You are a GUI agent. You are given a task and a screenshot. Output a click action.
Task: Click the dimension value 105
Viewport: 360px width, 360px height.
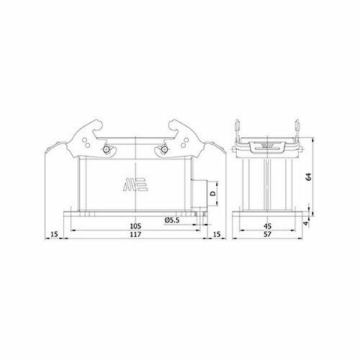pos(136,226)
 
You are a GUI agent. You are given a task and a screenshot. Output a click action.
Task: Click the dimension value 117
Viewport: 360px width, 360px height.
pos(136,238)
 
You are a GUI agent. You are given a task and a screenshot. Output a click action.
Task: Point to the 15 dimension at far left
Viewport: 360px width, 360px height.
pos(53,238)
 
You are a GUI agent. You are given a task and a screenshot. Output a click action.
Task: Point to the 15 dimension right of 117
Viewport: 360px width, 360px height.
pos(217,238)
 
